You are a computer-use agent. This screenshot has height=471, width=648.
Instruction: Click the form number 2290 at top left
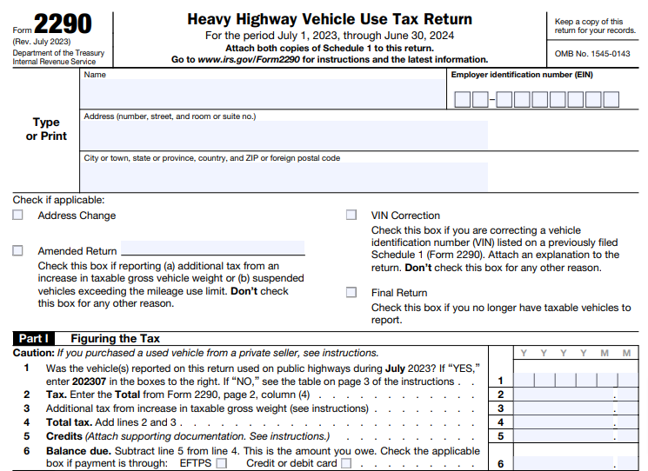pos(62,23)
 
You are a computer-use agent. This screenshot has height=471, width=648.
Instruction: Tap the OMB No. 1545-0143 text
pos(591,54)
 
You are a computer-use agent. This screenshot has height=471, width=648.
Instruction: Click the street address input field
pos(284,136)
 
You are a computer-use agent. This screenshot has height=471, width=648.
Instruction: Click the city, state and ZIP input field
pos(284,176)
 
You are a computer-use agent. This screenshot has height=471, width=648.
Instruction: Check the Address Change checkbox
pos(18,216)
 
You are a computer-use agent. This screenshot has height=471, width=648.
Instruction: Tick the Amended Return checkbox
pos(18,250)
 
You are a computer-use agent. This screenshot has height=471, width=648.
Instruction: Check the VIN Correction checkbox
pos(351,216)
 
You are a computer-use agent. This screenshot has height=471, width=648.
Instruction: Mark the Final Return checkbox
pos(351,293)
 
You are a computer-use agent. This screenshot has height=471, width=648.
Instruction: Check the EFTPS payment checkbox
pos(222,464)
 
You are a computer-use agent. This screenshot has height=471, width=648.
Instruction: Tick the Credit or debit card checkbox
pos(346,464)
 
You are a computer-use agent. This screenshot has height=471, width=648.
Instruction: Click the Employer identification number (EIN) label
pos(522,75)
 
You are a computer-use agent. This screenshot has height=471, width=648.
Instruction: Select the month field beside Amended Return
pos(212,249)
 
